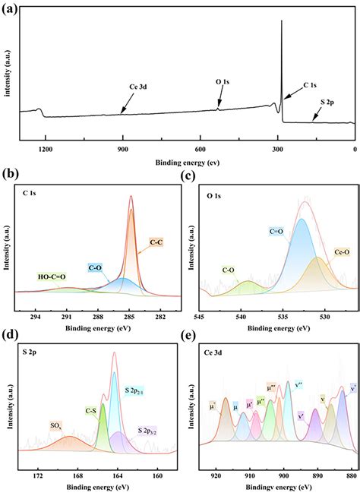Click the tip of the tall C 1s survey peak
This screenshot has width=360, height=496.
[282, 21]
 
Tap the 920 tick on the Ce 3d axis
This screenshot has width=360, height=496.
[216, 475]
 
